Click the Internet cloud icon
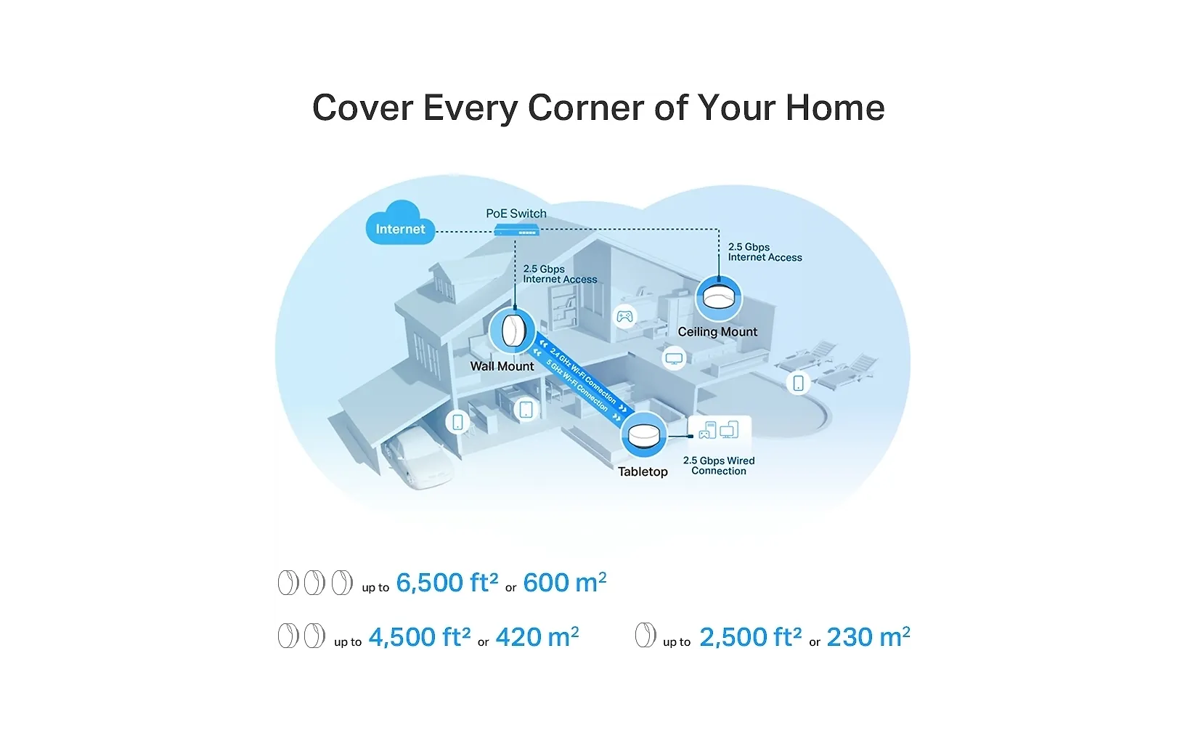pyautogui.click(x=400, y=223)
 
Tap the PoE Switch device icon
pyautogui.click(x=516, y=230)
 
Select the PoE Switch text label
pyautogui.click(x=516, y=214)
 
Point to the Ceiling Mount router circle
pyautogui.click(x=718, y=299)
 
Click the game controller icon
pyautogui.click(x=624, y=317)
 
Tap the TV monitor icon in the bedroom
pyautogui.click(x=674, y=358)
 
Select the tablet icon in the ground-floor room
pyautogui.click(x=526, y=409)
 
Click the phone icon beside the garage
pyautogui.click(x=457, y=422)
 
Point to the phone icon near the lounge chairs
pyautogui.click(x=798, y=383)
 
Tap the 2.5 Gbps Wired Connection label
pyautogui.click(x=718, y=466)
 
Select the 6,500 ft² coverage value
pyautogui.click(x=447, y=582)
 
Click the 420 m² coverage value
pyautogui.click(x=537, y=636)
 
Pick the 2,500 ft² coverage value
pyautogui.click(x=750, y=636)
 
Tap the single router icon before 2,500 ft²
pyautogui.click(x=646, y=635)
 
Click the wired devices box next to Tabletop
pyautogui.click(x=720, y=430)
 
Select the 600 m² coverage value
pyautogui.click(x=564, y=582)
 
